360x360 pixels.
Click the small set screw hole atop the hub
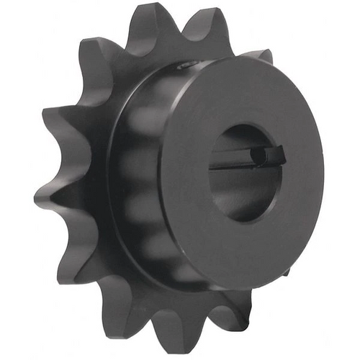click(185, 66)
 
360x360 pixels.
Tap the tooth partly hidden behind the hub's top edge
click(259, 55)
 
